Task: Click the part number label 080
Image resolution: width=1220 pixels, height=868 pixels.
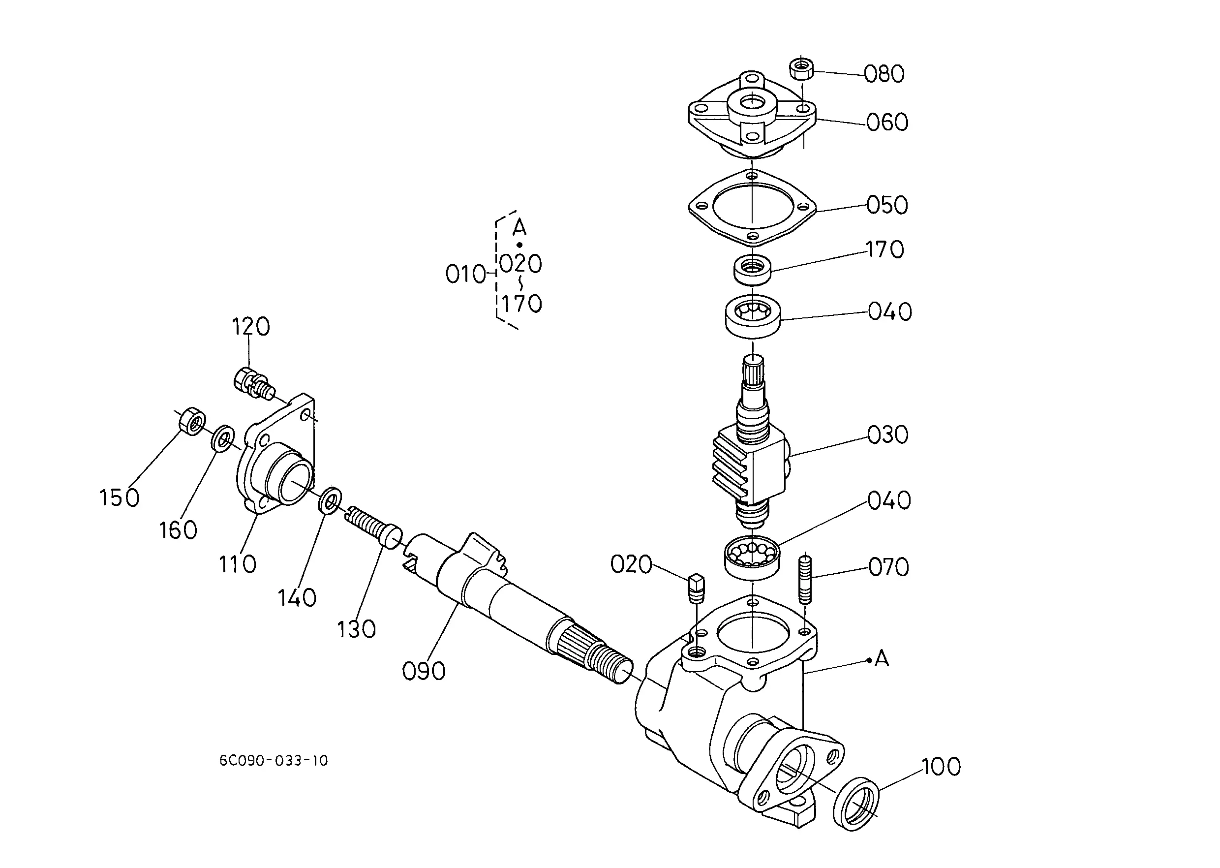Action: pyautogui.click(x=884, y=74)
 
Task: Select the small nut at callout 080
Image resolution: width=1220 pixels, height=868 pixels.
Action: pyautogui.click(x=801, y=68)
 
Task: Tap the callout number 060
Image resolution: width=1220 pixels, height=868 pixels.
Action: pyautogui.click(x=887, y=123)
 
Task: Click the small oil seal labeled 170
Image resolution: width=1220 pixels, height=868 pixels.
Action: pyautogui.click(x=752, y=270)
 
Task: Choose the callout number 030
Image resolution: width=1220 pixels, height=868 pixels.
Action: pyautogui.click(x=887, y=435)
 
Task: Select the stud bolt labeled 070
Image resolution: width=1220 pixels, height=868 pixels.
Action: pyautogui.click(x=805, y=579)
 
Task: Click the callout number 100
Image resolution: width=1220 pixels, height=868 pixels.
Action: pyautogui.click(x=941, y=767)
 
